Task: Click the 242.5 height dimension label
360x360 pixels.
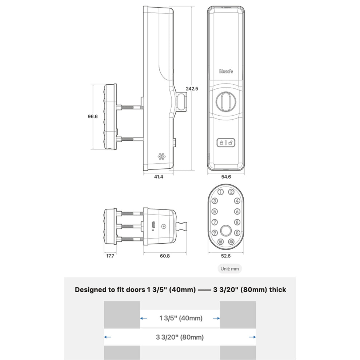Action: tap(192, 88)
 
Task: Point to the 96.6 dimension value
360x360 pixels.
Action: tap(93, 117)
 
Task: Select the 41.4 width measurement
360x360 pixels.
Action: tap(159, 177)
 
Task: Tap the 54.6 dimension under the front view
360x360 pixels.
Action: tap(226, 177)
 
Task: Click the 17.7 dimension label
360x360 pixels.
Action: tap(110, 256)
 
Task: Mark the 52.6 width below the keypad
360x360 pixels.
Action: tap(226, 256)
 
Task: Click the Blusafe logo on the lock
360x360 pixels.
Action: tap(226, 71)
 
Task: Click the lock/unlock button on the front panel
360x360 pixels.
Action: tap(226, 143)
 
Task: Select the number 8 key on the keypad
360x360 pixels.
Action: tap(237, 222)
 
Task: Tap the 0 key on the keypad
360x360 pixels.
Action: tap(237, 233)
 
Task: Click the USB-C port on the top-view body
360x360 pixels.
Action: tap(153, 225)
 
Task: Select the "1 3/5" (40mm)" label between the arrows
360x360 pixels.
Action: tap(180, 318)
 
